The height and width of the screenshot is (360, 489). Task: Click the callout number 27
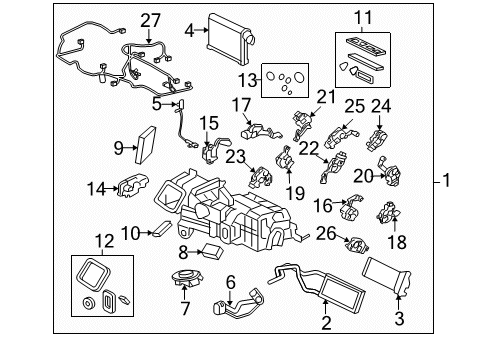click(x=150, y=20)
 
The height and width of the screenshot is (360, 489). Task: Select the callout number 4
click(x=189, y=31)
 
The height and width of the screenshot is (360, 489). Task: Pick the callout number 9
click(x=118, y=148)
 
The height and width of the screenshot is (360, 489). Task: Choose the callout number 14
click(x=95, y=187)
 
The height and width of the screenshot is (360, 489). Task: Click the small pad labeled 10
click(x=159, y=232)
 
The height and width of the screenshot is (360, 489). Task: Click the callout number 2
click(x=324, y=323)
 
